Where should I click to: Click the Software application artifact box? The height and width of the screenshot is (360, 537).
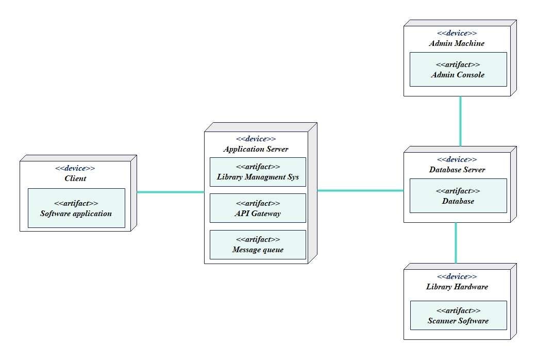[76, 208]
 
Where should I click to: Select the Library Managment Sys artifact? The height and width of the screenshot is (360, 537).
[258, 172]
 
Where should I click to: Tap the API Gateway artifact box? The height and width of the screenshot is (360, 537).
[258, 208]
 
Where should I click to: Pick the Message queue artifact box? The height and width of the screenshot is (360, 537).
[258, 244]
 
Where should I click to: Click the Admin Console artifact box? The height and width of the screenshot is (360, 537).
[458, 69]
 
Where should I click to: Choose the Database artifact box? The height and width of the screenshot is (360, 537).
[458, 195]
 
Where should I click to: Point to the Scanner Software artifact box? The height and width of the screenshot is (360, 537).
[458, 316]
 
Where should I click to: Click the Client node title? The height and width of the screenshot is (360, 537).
[75, 178]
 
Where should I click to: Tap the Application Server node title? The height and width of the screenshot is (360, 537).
[256, 149]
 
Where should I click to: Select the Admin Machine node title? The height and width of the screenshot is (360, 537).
[457, 43]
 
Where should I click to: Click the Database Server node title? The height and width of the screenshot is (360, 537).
[457, 170]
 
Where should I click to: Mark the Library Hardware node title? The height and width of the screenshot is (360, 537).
[457, 287]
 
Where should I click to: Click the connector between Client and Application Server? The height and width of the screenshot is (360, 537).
[171, 192]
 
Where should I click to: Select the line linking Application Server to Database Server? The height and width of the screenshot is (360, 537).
[360, 190]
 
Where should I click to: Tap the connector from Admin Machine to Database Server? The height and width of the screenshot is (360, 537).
[460, 121]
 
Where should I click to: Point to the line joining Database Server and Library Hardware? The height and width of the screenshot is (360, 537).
[456, 242]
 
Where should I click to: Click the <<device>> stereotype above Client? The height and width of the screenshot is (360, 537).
[75, 168]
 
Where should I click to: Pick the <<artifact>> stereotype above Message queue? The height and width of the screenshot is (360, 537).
[258, 239]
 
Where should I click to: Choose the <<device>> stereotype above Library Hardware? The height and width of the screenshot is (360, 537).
[457, 276]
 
